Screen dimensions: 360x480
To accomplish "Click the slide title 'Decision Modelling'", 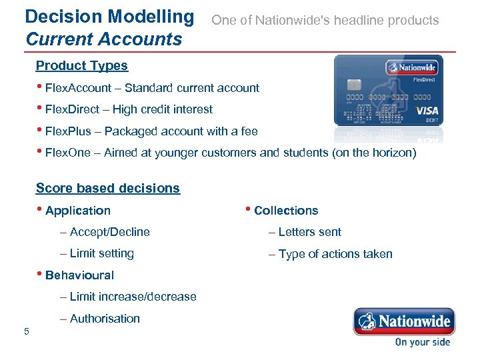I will [x=109, y=16].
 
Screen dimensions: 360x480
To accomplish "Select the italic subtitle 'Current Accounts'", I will [x=103, y=39].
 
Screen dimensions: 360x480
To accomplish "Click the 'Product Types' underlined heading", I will [x=81, y=65].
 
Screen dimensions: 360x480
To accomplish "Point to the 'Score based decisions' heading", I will [x=107, y=188].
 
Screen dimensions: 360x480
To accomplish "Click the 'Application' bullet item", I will [x=77, y=211].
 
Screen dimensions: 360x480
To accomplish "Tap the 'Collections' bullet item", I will [x=285, y=211].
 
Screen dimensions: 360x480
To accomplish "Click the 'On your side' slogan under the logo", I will [x=422, y=342].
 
